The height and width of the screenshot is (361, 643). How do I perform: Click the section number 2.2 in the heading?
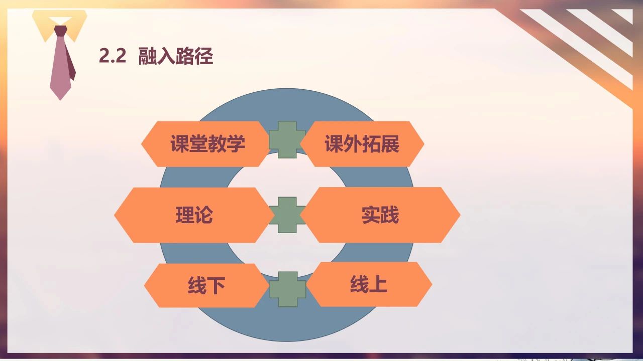113,56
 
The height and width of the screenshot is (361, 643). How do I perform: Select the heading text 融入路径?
176,56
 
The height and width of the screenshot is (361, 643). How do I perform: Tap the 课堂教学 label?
207,143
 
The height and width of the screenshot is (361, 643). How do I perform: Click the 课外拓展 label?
362,143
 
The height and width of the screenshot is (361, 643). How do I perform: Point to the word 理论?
194,215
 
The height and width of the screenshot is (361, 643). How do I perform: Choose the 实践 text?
380,215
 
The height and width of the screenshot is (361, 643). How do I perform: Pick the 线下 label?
206,285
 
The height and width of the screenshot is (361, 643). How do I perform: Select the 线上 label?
369,284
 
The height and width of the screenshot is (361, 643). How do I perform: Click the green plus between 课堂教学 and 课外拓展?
287,139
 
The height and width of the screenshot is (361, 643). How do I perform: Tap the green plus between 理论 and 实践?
287,215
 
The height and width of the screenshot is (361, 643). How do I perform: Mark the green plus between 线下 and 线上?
288,289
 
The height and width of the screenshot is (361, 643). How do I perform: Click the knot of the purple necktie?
61,31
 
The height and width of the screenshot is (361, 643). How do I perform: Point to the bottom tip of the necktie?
60,100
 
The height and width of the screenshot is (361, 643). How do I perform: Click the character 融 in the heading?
148,56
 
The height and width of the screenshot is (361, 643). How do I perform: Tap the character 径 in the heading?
204,56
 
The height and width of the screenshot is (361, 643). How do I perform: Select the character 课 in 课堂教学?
180,143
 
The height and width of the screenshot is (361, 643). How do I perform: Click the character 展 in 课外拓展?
390,143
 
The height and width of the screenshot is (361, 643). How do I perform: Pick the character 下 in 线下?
216,285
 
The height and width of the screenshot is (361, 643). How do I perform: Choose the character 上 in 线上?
378,284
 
